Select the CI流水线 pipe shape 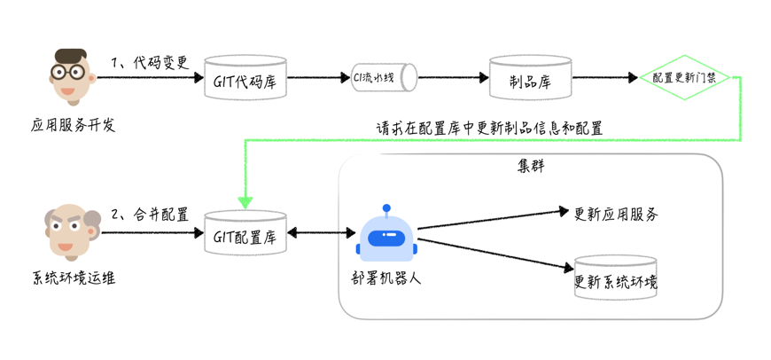click(x=384, y=77)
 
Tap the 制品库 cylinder click(x=531, y=79)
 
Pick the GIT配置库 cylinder click(x=245, y=234)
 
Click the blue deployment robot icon click(x=386, y=235)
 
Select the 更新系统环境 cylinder click(x=616, y=278)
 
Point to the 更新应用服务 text click(x=616, y=214)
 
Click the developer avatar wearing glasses click(x=70, y=76)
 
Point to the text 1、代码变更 click(x=150, y=63)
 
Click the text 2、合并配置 click(x=150, y=215)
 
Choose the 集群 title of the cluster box click(x=531, y=166)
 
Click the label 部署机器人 click(x=386, y=278)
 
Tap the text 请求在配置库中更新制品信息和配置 click(x=489, y=129)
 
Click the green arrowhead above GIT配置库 click(x=245, y=202)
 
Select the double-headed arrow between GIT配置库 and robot click(x=321, y=233)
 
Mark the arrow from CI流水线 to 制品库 click(x=453, y=78)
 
